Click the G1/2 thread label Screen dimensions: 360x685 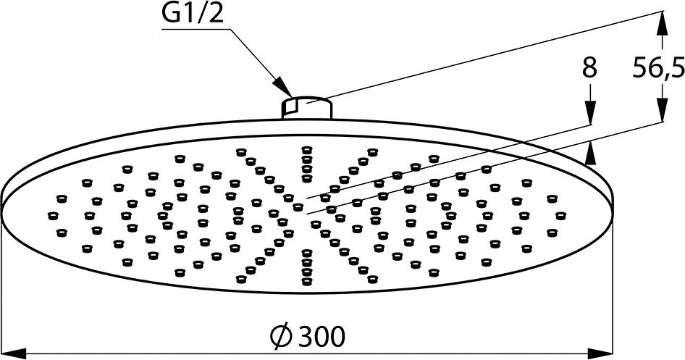193,14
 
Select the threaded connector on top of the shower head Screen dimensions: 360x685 306,107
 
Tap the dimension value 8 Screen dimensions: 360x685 589,70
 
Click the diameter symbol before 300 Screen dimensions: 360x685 281,336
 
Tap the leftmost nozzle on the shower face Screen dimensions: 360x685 52,215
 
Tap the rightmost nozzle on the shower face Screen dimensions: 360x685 559,215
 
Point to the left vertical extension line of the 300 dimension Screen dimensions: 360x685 4,290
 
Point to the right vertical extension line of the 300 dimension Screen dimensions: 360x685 613,290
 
